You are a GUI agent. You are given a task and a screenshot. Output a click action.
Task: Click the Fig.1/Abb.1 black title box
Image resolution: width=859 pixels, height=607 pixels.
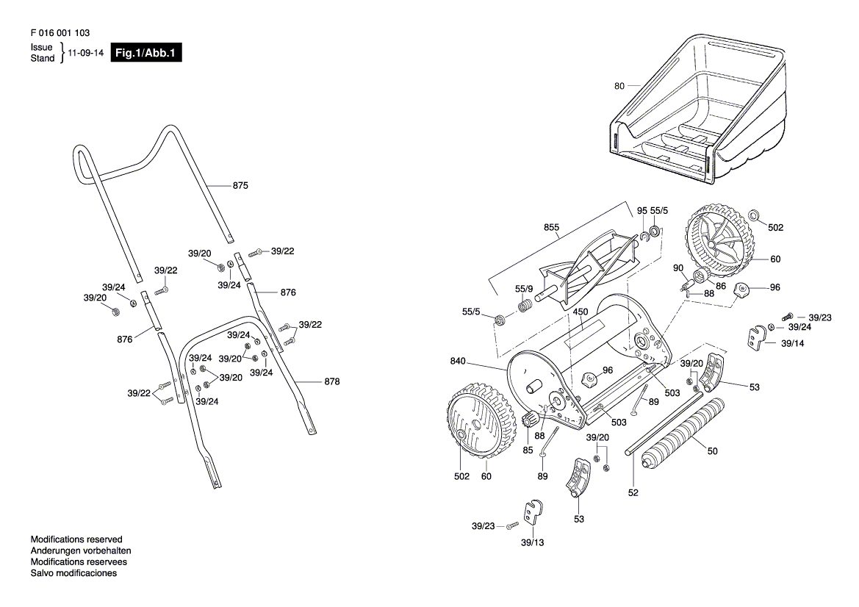click(x=146, y=53)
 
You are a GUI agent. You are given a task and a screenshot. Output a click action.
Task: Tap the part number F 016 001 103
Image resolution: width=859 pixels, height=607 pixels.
click(x=60, y=33)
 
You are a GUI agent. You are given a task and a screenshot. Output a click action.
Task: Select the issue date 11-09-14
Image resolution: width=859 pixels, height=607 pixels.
click(x=85, y=53)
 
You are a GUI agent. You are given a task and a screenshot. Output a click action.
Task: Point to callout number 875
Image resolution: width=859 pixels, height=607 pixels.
click(x=240, y=186)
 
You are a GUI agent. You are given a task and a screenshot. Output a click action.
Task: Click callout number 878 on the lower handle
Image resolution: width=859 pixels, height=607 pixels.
click(x=332, y=381)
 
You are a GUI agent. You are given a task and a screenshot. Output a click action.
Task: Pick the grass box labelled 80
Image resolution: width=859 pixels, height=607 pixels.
click(x=699, y=109)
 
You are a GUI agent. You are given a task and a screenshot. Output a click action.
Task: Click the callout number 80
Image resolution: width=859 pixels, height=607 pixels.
click(x=619, y=86)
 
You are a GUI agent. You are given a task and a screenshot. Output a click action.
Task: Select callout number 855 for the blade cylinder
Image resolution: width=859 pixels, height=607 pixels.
click(x=551, y=227)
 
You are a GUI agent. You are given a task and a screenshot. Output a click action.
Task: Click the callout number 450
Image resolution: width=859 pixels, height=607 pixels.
click(x=581, y=312)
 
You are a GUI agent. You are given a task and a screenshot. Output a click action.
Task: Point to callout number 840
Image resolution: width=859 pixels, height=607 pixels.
click(x=458, y=361)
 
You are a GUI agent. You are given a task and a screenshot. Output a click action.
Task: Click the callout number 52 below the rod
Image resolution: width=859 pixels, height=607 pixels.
click(x=633, y=492)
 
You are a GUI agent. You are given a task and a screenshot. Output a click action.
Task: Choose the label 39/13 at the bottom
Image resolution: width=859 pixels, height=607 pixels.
click(x=532, y=542)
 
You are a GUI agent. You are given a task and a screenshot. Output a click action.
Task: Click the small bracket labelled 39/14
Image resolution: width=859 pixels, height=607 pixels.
click(x=757, y=337)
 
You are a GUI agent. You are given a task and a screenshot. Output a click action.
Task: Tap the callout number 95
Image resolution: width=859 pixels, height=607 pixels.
click(x=642, y=211)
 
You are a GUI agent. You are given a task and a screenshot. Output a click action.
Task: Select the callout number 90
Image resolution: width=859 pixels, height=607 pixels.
click(x=678, y=268)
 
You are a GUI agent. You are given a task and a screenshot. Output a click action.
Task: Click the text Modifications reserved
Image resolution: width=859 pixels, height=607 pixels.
click(x=76, y=539)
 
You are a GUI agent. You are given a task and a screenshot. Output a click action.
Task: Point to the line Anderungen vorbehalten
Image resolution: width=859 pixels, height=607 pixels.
click(x=81, y=550)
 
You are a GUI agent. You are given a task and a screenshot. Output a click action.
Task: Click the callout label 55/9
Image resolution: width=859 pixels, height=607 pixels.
click(x=524, y=289)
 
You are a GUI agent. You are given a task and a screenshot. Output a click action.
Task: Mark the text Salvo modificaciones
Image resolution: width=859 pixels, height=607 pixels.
click(x=74, y=573)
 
